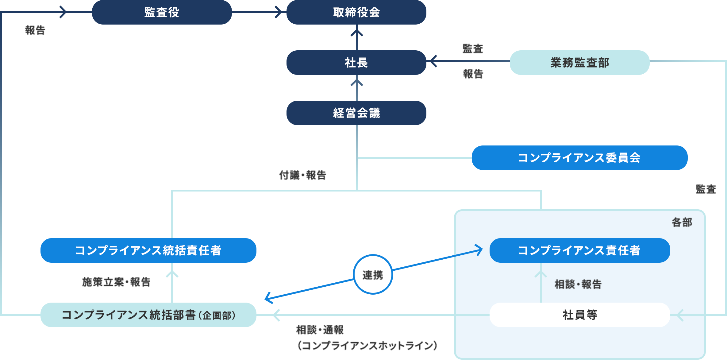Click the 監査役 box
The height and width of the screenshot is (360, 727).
tap(162, 12)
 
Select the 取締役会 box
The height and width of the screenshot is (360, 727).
tap(356, 12)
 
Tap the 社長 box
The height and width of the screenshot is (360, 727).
tap(356, 63)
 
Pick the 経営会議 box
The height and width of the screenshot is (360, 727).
tap(356, 113)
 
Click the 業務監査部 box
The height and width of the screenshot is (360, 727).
tap(579, 63)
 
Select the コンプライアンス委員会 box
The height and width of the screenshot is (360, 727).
tap(579, 158)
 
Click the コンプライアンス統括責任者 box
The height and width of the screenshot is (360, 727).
tap(148, 250)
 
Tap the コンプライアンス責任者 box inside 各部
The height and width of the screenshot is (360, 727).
tap(579, 250)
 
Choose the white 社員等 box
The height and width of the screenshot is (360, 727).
tap(579, 315)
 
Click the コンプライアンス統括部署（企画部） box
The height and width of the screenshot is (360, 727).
tap(148, 315)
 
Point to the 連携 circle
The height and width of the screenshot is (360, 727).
tap(373, 275)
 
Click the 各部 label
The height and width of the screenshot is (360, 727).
tap(682, 223)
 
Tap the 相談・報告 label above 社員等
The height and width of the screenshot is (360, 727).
tap(578, 284)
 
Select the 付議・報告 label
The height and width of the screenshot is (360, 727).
tap(302, 175)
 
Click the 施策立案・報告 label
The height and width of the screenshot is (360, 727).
tap(116, 282)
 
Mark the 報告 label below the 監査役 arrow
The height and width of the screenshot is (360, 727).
tap(35, 30)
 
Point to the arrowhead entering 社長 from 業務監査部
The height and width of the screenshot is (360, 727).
tap(433, 61)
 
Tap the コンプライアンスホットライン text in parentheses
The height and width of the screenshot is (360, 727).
tap(367, 346)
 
